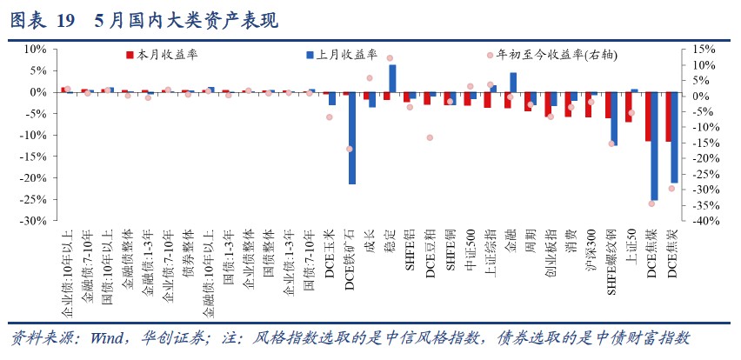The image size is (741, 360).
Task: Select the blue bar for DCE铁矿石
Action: [352, 137]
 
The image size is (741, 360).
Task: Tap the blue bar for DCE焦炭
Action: [674, 137]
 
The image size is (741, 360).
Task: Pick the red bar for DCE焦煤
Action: [647, 117]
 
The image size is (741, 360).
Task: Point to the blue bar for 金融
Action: [513, 83]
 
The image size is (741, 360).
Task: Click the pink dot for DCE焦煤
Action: [651, 203]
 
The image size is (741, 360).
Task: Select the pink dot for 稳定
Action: [389, 58]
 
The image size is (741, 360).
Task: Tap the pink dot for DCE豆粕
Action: [429, 137]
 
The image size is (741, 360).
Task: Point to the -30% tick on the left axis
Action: [34, 221]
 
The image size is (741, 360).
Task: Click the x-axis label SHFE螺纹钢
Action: [611, 257]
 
